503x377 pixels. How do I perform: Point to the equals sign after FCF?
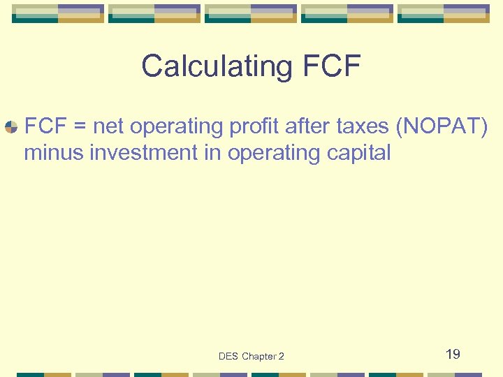tap(80, 127)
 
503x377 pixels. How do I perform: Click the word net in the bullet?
tap(108, 127)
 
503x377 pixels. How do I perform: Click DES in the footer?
tap(228, 357)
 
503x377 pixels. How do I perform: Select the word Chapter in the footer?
tap(258, 357)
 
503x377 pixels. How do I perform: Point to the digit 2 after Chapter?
tap(281, 357)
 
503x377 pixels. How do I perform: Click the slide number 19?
tap(453, 355)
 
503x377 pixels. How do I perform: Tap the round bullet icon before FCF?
tap(11, 127)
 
